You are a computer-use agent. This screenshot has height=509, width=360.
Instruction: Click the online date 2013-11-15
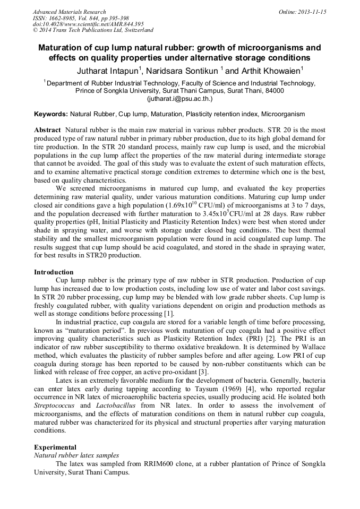point(313,12)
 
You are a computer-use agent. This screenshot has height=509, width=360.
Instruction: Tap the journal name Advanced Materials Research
point(69,12)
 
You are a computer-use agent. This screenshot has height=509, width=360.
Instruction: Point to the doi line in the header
point(88,24)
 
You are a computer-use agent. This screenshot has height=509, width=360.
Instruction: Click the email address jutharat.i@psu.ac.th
point(179,99)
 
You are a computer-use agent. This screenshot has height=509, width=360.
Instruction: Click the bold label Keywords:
point(51,114)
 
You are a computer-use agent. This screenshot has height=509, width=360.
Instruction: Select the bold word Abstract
point(47,130)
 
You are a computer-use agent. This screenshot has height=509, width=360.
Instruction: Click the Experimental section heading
point(55,447)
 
